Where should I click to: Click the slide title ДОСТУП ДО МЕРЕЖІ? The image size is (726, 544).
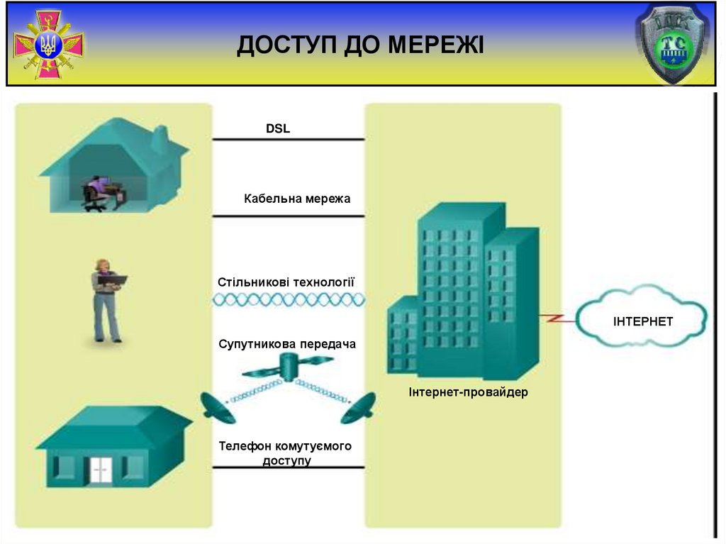coord(360,45)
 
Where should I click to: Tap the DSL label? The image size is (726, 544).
coord(278,129)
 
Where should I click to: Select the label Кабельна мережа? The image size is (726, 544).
coord(297,199)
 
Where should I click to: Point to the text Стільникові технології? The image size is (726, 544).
coord(286,282)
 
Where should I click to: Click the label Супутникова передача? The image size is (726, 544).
coord(287,344)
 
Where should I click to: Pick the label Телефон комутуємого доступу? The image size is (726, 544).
coord(286,453)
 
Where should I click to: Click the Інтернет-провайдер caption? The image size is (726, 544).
coord(468,392)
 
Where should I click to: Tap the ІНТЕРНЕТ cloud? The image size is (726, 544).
coord(642,321)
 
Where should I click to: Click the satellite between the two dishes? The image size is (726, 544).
coord(288,367)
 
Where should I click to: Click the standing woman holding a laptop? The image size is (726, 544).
coord(106,301)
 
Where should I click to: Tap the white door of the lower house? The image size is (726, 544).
coord(101,470)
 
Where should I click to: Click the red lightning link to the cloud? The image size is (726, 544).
coord(556,318)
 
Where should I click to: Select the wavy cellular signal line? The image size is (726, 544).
coord(289,300)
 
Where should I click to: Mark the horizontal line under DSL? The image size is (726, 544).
coord(289,140)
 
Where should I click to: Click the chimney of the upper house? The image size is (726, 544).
coord(160,138)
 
